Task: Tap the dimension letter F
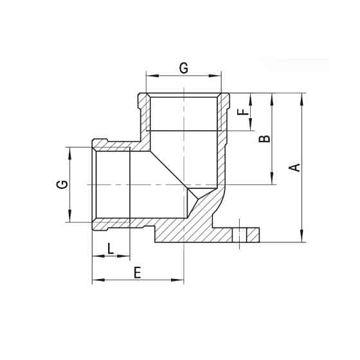pos(242,112)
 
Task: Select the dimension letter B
pos(264,139)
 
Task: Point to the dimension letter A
pos(294,168)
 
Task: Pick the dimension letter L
pos(111,248)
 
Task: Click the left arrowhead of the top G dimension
pos(149,76)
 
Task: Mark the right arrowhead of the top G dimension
pos(220,76)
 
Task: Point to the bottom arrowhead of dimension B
pos(273,181)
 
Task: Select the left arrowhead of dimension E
pos(96,280)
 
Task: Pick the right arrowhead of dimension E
pos(181,280)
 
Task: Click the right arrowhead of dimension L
pos(128,256)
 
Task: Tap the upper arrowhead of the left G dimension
pos(69,150)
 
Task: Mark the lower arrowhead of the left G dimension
pos(69,219)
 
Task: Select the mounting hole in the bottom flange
pos(244,234)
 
